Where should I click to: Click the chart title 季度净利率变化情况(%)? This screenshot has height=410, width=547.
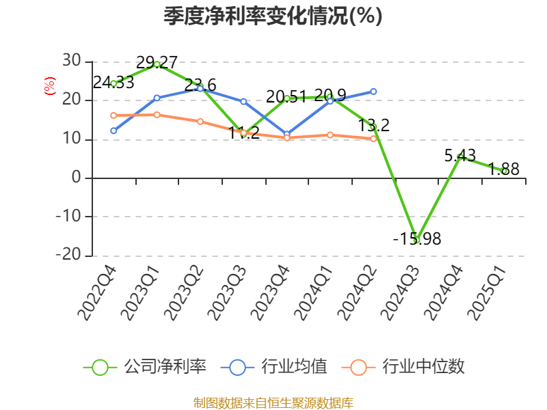pyautogui.click(x=273, y=16)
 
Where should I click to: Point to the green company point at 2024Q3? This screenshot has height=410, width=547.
pyautogui.click(x=416, y=240)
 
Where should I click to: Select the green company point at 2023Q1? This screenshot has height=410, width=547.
pyautogui.click(x=157, y=64)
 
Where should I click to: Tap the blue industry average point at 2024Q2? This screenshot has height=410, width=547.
pyautogui.click(x=373, y=92)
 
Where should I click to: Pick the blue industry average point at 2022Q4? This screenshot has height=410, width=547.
pyautogui.click(x=114, y=131)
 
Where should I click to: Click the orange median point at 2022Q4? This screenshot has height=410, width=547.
pyautogui.click(x=114, y=115)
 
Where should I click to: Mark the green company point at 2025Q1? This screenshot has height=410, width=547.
pyautogui.click(x=504, y=171)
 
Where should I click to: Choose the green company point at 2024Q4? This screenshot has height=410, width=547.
pyautogui.click(x=460, y=157)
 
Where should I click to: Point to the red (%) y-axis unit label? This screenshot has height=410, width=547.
pyautogui.click(x=49, y=86)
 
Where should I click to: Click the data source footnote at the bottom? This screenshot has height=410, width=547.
pyautogui.click(x=273, y=403)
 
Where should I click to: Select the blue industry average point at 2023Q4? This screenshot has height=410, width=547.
pyautogui.click(x=287, y=134)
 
